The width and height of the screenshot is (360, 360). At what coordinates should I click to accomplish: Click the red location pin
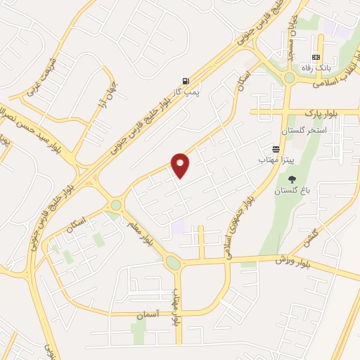click(181, 165)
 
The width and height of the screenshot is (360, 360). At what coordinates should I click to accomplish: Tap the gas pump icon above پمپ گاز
click(185, 81)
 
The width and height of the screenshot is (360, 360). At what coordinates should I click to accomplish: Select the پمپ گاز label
click(186, 92)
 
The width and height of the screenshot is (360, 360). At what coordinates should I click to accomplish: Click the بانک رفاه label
click(316, 68)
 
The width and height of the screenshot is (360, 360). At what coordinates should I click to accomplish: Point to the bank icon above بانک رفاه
click(316, 58)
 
